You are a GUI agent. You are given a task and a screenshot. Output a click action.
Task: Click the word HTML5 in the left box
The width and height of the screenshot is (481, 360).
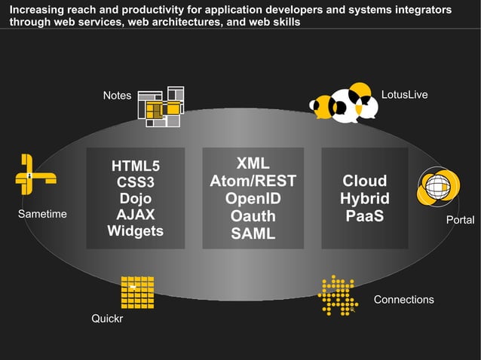(x=136, y=166)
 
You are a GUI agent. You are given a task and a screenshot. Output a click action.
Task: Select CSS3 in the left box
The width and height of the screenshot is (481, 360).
(x=136, y=182)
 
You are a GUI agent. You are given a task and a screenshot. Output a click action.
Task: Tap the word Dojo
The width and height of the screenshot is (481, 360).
(x=136, y=199)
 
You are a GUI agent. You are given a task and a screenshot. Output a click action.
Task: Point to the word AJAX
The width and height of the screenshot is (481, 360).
(x=136, y=215)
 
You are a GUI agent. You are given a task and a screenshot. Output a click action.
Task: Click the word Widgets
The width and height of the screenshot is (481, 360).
(x=136, y=231)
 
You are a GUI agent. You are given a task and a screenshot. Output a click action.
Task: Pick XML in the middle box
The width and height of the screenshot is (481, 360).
(x=253, y=164)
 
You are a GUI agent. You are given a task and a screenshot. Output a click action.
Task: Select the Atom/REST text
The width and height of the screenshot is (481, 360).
(x=253, y=182)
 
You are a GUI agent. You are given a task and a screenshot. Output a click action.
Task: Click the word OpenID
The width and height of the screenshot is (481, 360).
(x=253, y=199)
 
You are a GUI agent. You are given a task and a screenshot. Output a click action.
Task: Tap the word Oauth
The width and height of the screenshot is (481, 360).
(x=253, y=216)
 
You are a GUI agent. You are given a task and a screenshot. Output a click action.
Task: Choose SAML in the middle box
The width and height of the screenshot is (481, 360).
(x=253, y=233)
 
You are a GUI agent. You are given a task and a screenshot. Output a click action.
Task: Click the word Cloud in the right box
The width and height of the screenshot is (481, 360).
(x=365, y=181)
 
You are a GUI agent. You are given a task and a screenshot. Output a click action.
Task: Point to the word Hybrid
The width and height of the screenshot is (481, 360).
(x=365, y=199)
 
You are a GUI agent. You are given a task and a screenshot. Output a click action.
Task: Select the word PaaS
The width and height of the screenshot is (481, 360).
(x=365, y=216)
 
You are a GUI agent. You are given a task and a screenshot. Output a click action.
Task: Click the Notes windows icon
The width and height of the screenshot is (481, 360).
(x=161, y=107)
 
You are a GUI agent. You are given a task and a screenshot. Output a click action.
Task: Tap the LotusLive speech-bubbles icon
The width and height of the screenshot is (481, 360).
(x=344, y=103)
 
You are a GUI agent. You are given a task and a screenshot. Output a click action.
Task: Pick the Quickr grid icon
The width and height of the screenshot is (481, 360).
(x=137, y=292)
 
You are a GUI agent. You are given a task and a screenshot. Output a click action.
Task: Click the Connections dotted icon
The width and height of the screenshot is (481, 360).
(x=337, y=294)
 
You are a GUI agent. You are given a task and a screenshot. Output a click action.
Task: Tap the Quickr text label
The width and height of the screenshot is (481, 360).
(x=107, y=319)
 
